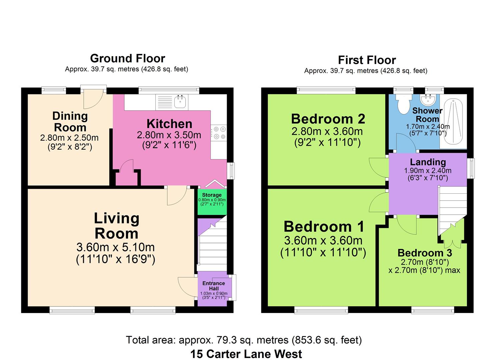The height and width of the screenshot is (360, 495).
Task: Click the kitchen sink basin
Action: pyautogui.click(x=180, y=102)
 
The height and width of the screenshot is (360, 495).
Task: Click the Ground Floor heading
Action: pyautogui.click(x=128, y=59)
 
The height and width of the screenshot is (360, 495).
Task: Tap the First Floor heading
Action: pyautogui.click(x=367, y=60)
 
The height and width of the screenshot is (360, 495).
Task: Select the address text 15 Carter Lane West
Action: pyautogui.click(x=246, y=354)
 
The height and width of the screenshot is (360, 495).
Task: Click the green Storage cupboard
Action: pyautogui.click(x=212, y=202)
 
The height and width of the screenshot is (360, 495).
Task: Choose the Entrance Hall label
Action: pyautogui.click(x=214, y=286)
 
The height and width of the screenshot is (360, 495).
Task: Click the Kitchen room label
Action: pyautogui.click(x=169, y=124)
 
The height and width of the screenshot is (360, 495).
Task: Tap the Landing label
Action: pyautogui.click(x=428, y=162)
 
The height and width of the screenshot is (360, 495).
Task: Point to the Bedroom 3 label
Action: pyautogui.click(x=425, y=253)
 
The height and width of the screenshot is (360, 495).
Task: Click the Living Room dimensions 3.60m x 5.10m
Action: pyautogui.click(x=115, y=247)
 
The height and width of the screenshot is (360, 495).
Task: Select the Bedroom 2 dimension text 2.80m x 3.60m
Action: pyautogui.click(x=327, y=131)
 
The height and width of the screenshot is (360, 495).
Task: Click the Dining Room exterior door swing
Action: pyautogui.click(x=93, y=99)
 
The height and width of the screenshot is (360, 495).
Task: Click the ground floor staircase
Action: pyautogui.click(x=212, y=245)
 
